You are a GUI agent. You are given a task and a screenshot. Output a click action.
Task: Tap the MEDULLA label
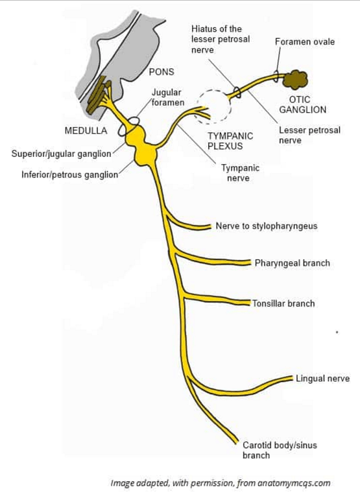pos(86,130)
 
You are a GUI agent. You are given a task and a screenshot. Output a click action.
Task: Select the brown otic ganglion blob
pos(296,80)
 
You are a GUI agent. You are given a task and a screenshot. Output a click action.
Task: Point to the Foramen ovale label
pos(305,42)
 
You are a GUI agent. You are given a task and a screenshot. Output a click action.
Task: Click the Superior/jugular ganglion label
pos(62,154)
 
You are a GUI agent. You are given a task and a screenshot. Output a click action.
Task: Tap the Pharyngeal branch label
pos(292,263)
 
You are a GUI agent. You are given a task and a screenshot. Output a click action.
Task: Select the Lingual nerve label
pos(322,379)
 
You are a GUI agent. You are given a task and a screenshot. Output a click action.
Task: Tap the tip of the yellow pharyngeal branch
pos(249,263)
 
